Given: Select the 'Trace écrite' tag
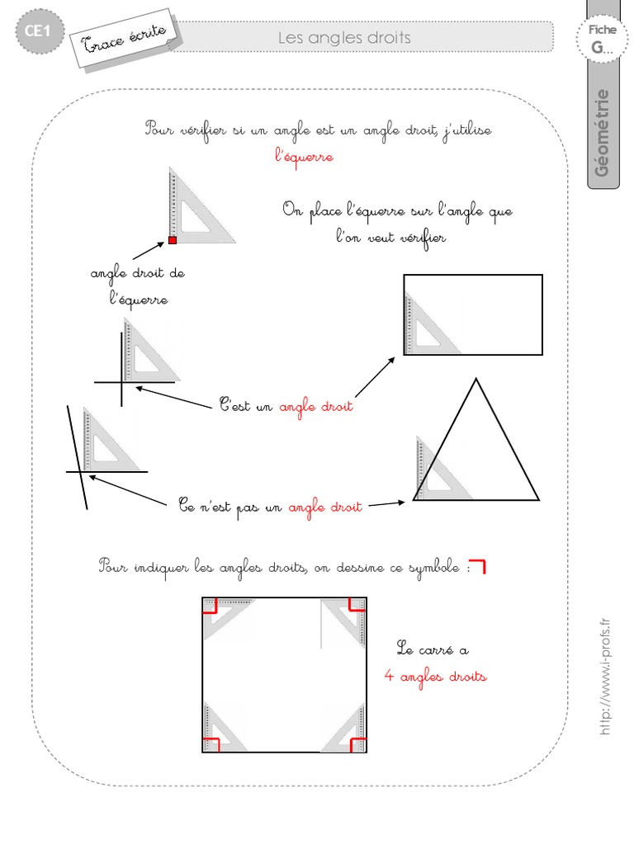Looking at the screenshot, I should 126,37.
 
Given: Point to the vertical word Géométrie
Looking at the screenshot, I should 603,132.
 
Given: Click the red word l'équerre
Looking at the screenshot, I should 304,156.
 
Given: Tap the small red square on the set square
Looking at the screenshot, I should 173,240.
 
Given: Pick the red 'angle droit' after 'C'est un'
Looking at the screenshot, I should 315,407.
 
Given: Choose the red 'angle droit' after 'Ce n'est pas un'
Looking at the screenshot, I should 325,507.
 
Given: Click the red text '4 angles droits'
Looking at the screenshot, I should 435,677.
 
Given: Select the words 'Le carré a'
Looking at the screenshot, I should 432,649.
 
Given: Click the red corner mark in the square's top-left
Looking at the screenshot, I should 210,606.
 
